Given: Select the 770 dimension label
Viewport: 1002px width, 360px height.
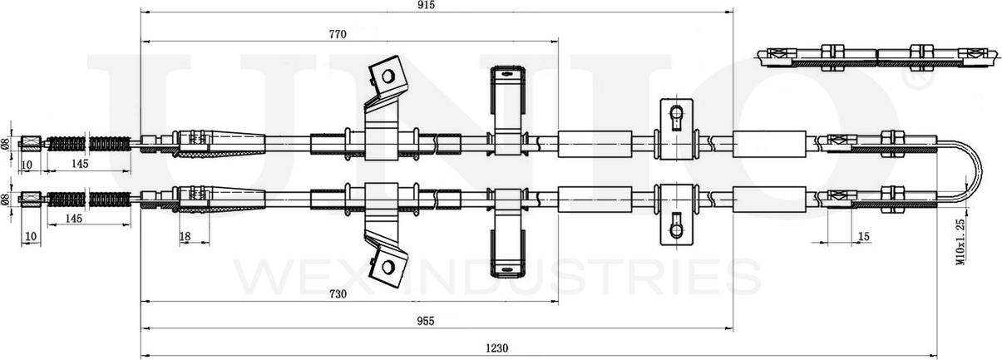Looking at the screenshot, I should tap(337, 34).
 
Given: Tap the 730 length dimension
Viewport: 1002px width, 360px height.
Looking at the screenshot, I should tap(337, 293).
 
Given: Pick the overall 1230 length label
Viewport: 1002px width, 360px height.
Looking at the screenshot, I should tap(496, 348).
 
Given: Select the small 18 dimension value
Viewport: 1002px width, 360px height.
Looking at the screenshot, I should tap(185, 237).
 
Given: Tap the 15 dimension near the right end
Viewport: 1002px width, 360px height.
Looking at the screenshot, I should tap(863, 237).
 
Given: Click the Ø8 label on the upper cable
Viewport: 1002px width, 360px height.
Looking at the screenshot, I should tap(6, 143).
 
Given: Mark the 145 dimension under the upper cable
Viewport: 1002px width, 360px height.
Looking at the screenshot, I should tap(80, 165).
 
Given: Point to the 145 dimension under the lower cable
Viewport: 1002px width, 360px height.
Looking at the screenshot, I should tap(73, 219).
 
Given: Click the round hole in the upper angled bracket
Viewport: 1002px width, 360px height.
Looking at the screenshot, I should tap(386, 76).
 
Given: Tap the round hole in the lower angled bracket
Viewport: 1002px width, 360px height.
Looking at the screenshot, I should tap(386, 266).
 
